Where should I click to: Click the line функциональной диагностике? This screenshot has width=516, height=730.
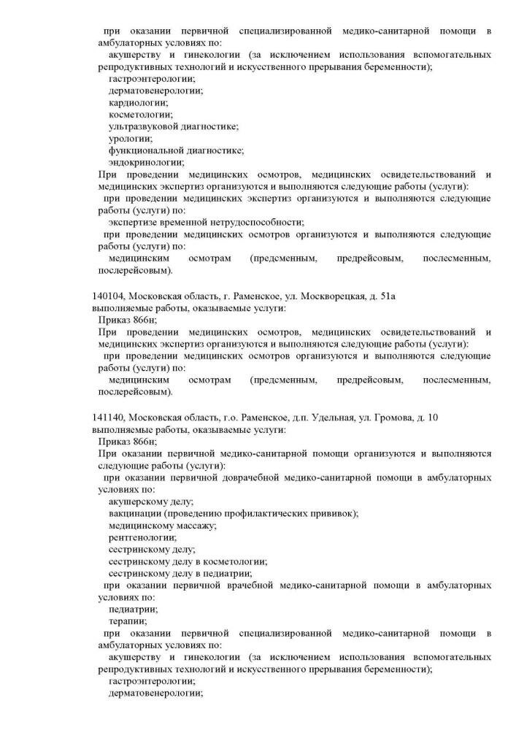[176, 150]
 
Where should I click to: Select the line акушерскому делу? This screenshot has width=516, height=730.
[150, 502]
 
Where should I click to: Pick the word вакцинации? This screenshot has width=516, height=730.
[134, 513]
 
